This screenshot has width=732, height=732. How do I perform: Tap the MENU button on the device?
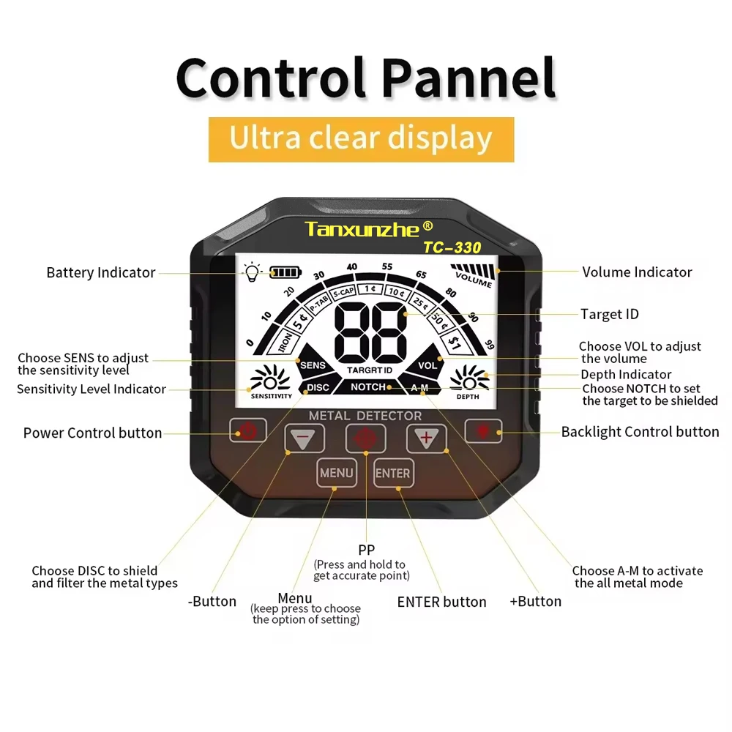[x=336, y=473]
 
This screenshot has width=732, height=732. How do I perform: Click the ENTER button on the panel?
[x=393, y=473]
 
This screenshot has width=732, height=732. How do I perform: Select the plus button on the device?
[x=426, y=438]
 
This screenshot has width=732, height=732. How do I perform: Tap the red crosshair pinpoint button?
[x=365, y=438]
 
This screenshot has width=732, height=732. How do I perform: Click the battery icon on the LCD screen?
[x=285, y=272]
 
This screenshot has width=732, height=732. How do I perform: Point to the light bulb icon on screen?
[x=253, y=272]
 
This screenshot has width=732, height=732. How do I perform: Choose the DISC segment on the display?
[x=317, y=387]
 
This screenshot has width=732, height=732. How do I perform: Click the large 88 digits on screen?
[x=370, y=332]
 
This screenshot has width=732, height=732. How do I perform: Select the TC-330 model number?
[x=452, y=247]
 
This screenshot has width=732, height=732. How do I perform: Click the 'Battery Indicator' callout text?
[x=101, y=272]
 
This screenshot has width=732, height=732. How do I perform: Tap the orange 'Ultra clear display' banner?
[x=362, y=140]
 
